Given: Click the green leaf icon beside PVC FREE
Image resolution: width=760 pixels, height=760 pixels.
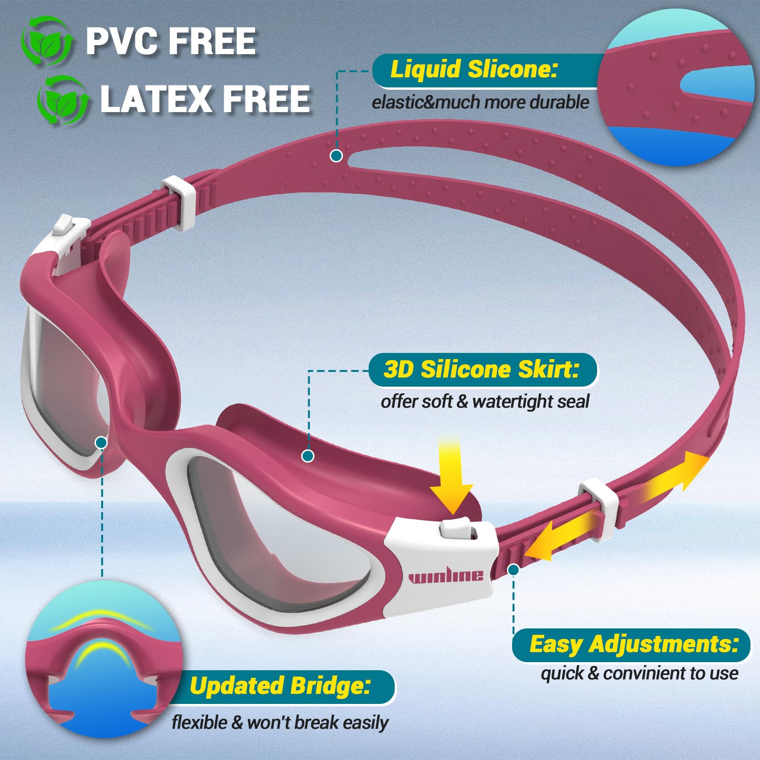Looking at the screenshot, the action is (x=47, y=41).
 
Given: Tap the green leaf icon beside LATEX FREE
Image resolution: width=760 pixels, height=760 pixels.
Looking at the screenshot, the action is (x=63, y=100).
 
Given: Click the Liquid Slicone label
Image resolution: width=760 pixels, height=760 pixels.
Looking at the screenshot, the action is (x=474, y=69).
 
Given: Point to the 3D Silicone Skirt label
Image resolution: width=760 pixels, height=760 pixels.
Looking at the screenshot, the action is (x=481, y=369).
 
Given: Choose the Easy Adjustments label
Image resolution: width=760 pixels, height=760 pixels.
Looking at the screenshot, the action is (x=634, y=645).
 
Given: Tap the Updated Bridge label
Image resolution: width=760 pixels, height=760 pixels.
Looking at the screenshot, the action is (x=280, y=686).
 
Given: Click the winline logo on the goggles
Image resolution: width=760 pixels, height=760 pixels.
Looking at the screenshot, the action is (x=446, y=576).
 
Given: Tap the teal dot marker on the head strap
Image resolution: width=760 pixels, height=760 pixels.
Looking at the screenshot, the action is (x=336, y=155).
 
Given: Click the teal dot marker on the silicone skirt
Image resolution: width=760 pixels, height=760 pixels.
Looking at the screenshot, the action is (x=308, y=456).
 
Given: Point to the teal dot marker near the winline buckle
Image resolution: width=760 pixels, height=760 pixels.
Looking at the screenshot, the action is (x=513, y=569).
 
